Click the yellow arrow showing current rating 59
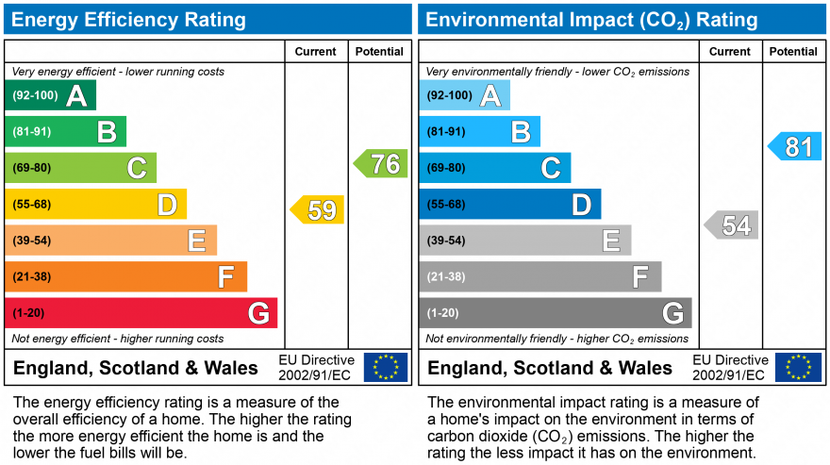point(318,209)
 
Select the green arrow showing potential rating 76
point(382,164)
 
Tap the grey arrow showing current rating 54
point(732,225)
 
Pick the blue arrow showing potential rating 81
point(795,146)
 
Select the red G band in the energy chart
point(141,313)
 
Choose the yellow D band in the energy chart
point(95,204)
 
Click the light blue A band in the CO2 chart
point(465,95)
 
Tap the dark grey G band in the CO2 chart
point(556,313)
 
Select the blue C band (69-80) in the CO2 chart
point(495,168)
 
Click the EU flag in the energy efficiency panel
point(386,367)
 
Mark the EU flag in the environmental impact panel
point(798,367)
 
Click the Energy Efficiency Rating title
point(128,20)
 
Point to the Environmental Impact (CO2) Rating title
point(592,20)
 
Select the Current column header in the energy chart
point(316,52)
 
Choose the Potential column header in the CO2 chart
point(793,52)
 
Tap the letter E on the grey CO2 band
point(611,241)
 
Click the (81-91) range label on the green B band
point(31,132)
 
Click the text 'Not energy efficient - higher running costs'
point(118,339)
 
